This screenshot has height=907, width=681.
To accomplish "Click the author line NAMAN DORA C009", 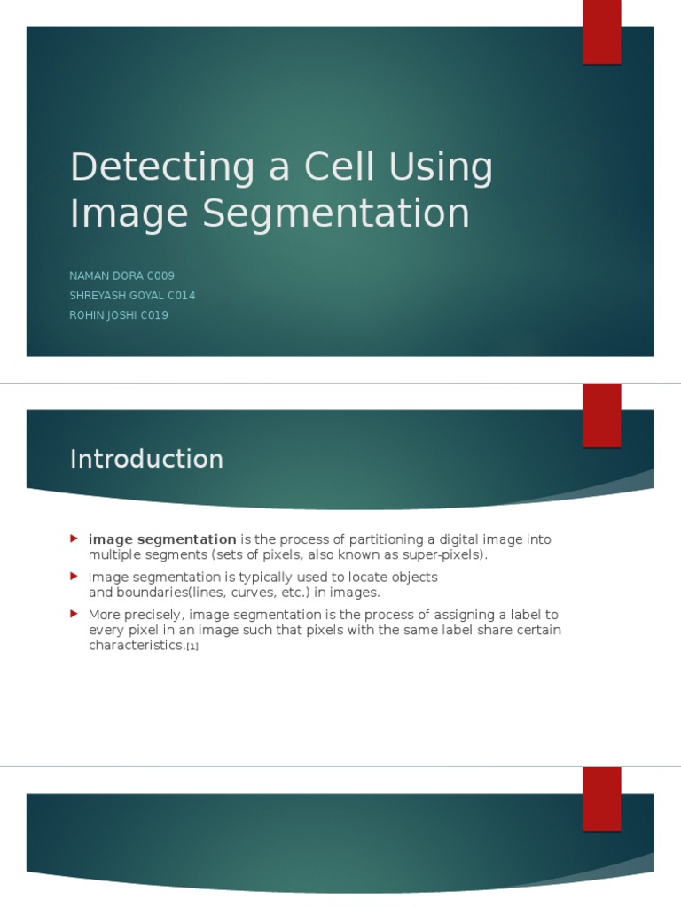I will (x=122, y=276).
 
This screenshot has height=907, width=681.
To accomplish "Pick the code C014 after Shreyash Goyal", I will (x=179, y=296).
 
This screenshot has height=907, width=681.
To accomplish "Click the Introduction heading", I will (x=146, y=459).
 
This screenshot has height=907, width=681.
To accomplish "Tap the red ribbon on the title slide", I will (x=601, y=32).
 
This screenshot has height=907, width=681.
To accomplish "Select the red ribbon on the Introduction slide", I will (x=601, y=415).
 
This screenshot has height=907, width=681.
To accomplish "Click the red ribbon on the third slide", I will (x=601, y=798).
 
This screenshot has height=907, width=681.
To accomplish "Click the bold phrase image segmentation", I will (x=162, y=539).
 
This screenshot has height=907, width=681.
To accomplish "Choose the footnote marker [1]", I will (x=192, y=647).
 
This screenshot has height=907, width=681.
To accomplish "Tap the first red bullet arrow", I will (x=74, y=539).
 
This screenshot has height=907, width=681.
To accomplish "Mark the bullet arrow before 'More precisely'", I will (x=74, y=614).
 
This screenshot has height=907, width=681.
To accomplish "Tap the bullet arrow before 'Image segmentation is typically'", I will (x=74, y=577).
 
